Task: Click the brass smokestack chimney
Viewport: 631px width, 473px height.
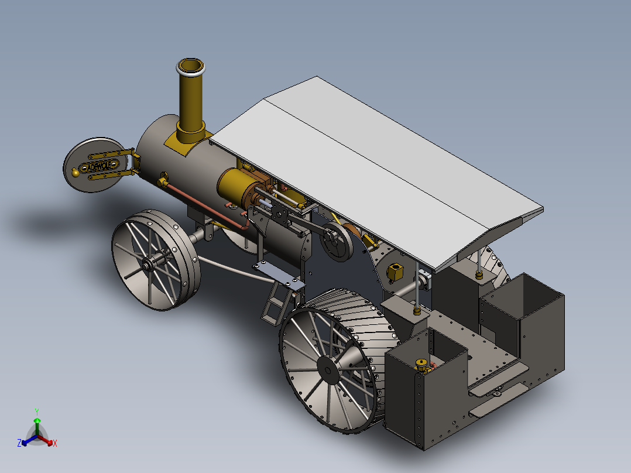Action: pyautogui.click(x=191, y=105)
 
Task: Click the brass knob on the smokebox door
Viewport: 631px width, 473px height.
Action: pyautogui.click(x=76, y=172)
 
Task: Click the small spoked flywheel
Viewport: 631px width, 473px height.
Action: pyautogui.click(x=335, y=242)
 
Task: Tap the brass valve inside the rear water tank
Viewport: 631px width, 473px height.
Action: pyautogui.click(x=421, y=366)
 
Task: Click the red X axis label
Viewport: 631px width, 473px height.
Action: pyautogui.click(x=54, y=443)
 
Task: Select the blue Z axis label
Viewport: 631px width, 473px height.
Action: pyautogui.click(x=19, y=443)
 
